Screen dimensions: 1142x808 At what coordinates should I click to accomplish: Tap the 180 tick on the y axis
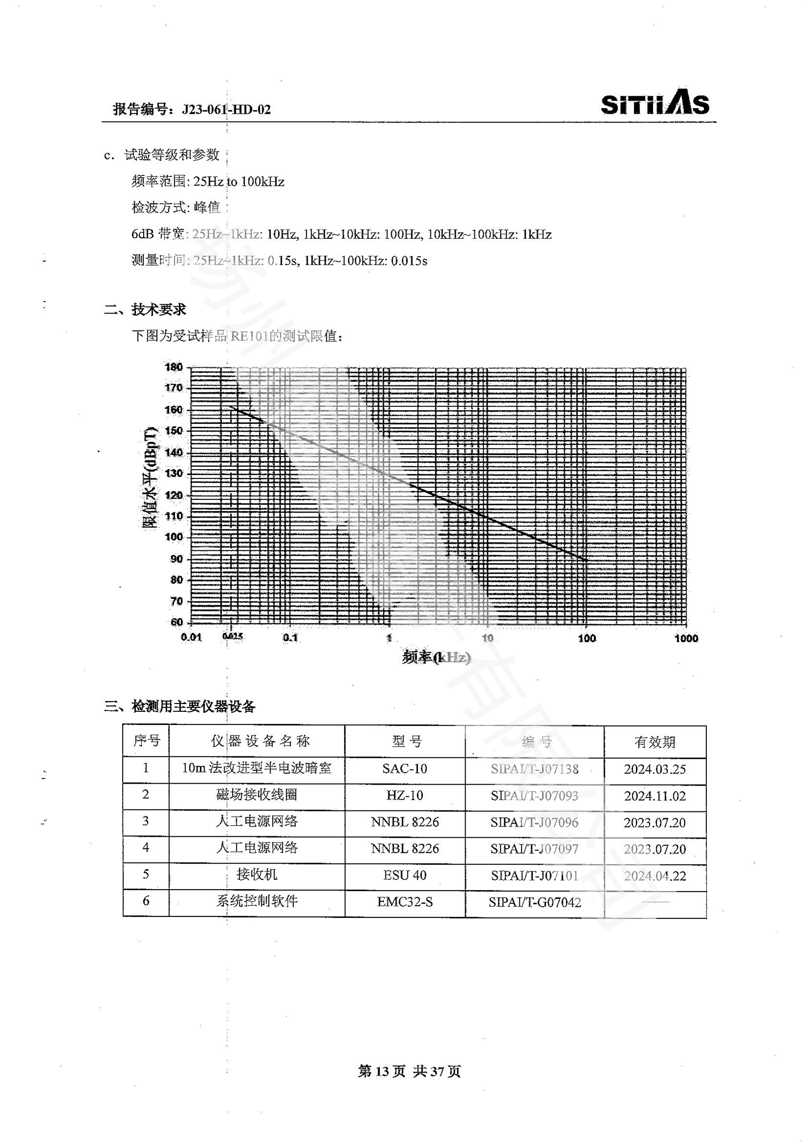tap(173, 367)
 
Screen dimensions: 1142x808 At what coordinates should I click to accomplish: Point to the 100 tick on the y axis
tap(173, 537)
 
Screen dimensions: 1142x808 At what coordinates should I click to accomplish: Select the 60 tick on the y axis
tap(177, 622)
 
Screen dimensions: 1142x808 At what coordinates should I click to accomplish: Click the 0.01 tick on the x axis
tap(191, 638)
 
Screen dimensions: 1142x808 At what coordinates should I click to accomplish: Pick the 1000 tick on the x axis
tap(686, 638)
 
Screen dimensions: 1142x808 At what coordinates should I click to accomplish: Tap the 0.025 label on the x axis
tap(233, 636)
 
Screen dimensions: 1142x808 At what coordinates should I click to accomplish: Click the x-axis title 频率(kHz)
tap(436, 658)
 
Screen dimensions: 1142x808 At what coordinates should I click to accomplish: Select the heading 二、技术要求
tap(145, 310)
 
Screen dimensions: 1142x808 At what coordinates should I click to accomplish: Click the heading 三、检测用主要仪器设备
tap(180, 706)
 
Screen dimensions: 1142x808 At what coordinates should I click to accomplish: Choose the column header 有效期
tap(655, 742)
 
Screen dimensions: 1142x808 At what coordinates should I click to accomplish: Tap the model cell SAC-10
tap(404, 768)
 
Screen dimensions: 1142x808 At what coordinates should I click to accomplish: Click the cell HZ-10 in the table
tap(404, 795)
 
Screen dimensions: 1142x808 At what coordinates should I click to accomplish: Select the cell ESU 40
tap(404, 875)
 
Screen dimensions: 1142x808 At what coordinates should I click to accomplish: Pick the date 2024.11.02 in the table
tap(655, 796)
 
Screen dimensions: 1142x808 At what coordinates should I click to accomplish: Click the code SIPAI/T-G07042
tap(534, 902)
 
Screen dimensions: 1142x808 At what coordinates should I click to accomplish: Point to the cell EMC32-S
tap(404, 902)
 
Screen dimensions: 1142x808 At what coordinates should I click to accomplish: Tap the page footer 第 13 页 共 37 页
tap(409, 1071)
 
